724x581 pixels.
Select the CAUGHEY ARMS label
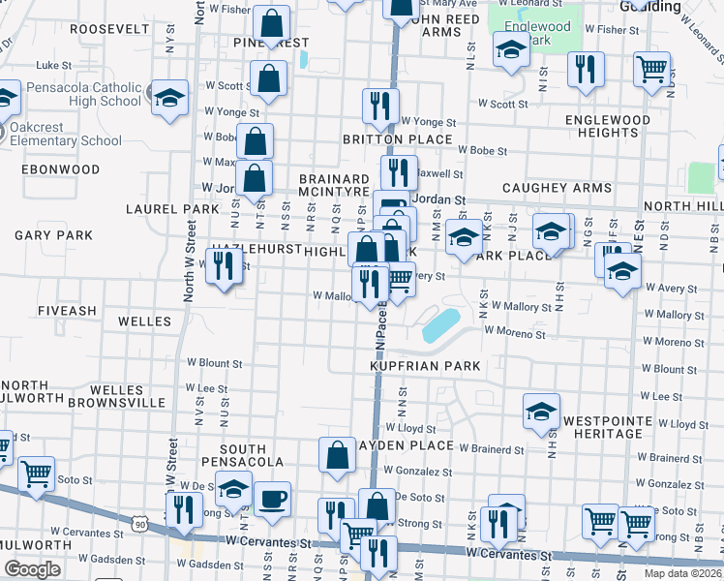click(x=557, y=188)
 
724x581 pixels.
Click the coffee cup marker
click(x=272, y=498)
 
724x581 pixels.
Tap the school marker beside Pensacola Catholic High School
click(x=169, y=99)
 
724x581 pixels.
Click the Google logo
click(x=32, y=569)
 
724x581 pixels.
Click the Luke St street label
click(x=48, y=65)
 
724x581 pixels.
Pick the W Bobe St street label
click(x=483, y=151)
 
